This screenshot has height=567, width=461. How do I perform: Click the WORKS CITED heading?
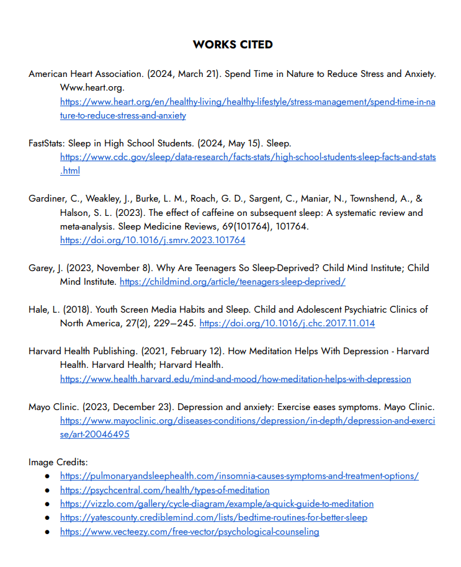tap(233, 45)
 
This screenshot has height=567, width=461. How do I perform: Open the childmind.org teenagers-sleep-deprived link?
tap(232, 282)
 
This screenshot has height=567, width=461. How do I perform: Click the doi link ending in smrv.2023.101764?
tap(153, 240)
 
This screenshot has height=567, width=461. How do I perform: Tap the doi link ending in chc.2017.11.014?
tap(287, 323)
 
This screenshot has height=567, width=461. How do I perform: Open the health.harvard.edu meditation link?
tap(235, 378)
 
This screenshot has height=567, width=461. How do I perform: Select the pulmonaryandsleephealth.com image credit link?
tap(239, 476)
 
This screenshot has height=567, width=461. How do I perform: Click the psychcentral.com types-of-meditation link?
tap(164, 490)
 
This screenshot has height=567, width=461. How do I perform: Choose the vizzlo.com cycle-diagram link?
tap(217, 504)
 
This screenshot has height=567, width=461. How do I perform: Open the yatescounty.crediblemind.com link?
tap(213, 517)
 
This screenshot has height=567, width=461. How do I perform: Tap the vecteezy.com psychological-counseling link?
tap(189, 532)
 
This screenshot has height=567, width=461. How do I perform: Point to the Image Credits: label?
tap(58, 462)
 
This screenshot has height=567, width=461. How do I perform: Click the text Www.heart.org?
tap(92, 87)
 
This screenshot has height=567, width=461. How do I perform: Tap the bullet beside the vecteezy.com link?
tap(47, 532)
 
